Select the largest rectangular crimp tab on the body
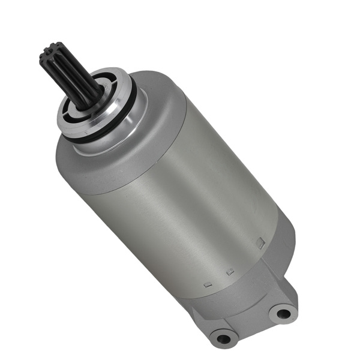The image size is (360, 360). pos(260,243)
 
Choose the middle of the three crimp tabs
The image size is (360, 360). pos(229,272)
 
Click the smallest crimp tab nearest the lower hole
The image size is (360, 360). pos(207,284)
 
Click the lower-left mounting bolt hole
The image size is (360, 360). pos(224,338)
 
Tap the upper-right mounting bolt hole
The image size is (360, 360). pos(281,312)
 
